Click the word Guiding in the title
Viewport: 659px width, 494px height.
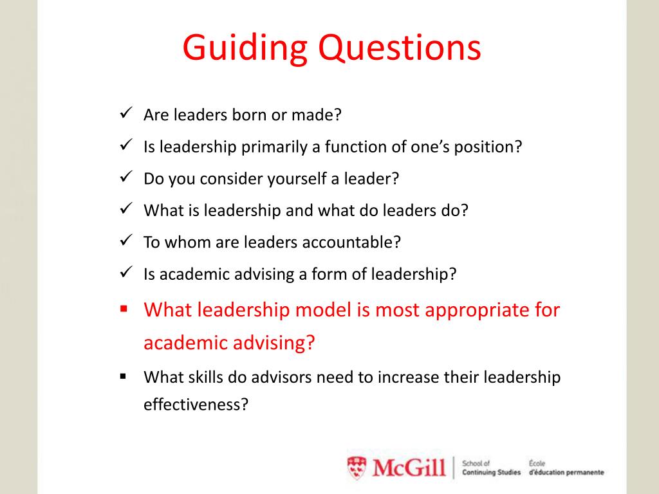[x=245, y=48]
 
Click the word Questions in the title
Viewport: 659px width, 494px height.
[x=400, y=48]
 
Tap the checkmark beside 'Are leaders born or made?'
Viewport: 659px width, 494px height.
[x=126, y=113]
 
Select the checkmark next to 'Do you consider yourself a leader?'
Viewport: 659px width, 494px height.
[x=126, y=176]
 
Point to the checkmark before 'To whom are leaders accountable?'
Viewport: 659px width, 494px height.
[x=126, y=241]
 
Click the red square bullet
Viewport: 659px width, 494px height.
[x=124, y=309]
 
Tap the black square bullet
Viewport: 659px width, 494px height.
[x=123, y=376]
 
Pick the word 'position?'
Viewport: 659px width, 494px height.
[x=488, y=147]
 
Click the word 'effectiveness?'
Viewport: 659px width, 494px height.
[x=196, y=404]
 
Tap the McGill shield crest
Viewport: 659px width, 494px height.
[x=357, y=468]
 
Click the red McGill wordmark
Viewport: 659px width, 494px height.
[x=409, y=468]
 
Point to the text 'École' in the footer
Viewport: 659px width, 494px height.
[x=537, y=463]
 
